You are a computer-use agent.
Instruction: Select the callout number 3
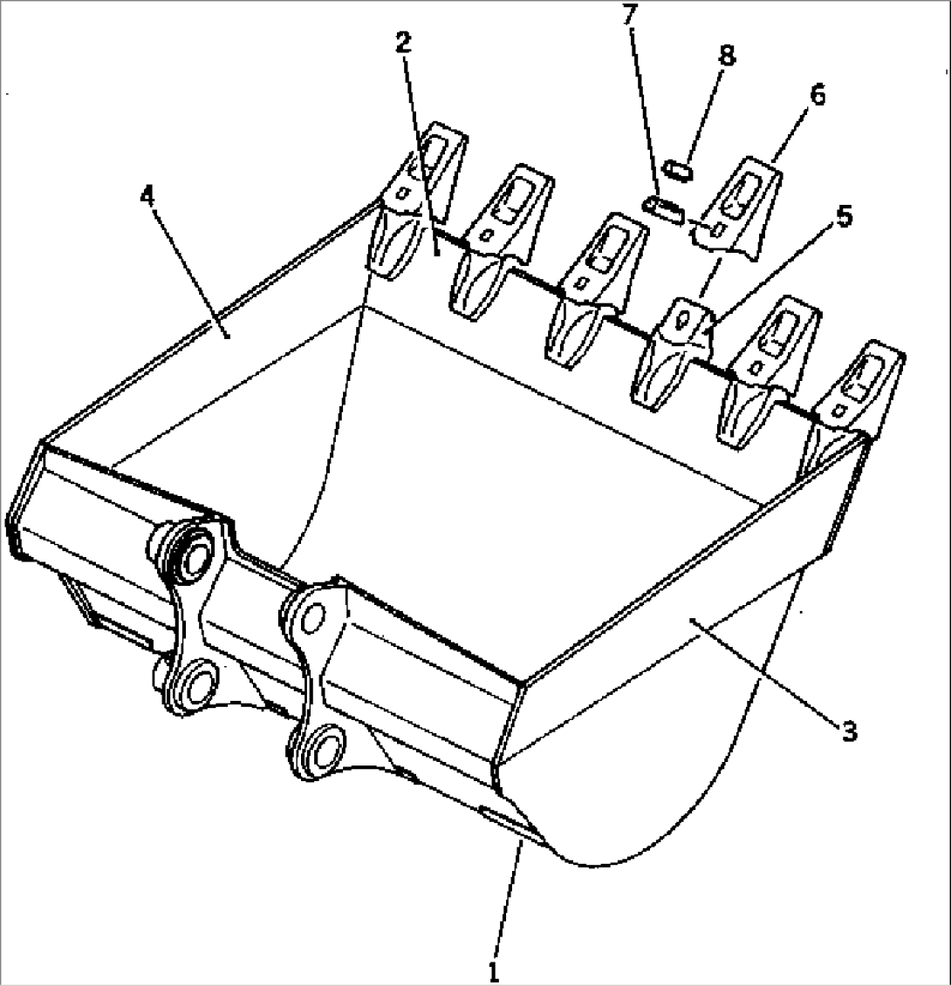click(848, 731)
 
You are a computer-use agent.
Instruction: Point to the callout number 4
click(148, 194)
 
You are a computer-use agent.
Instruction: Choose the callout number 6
click(817, 94)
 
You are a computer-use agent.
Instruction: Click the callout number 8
click(725, 55)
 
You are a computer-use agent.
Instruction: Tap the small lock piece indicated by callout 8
click(679, 168)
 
